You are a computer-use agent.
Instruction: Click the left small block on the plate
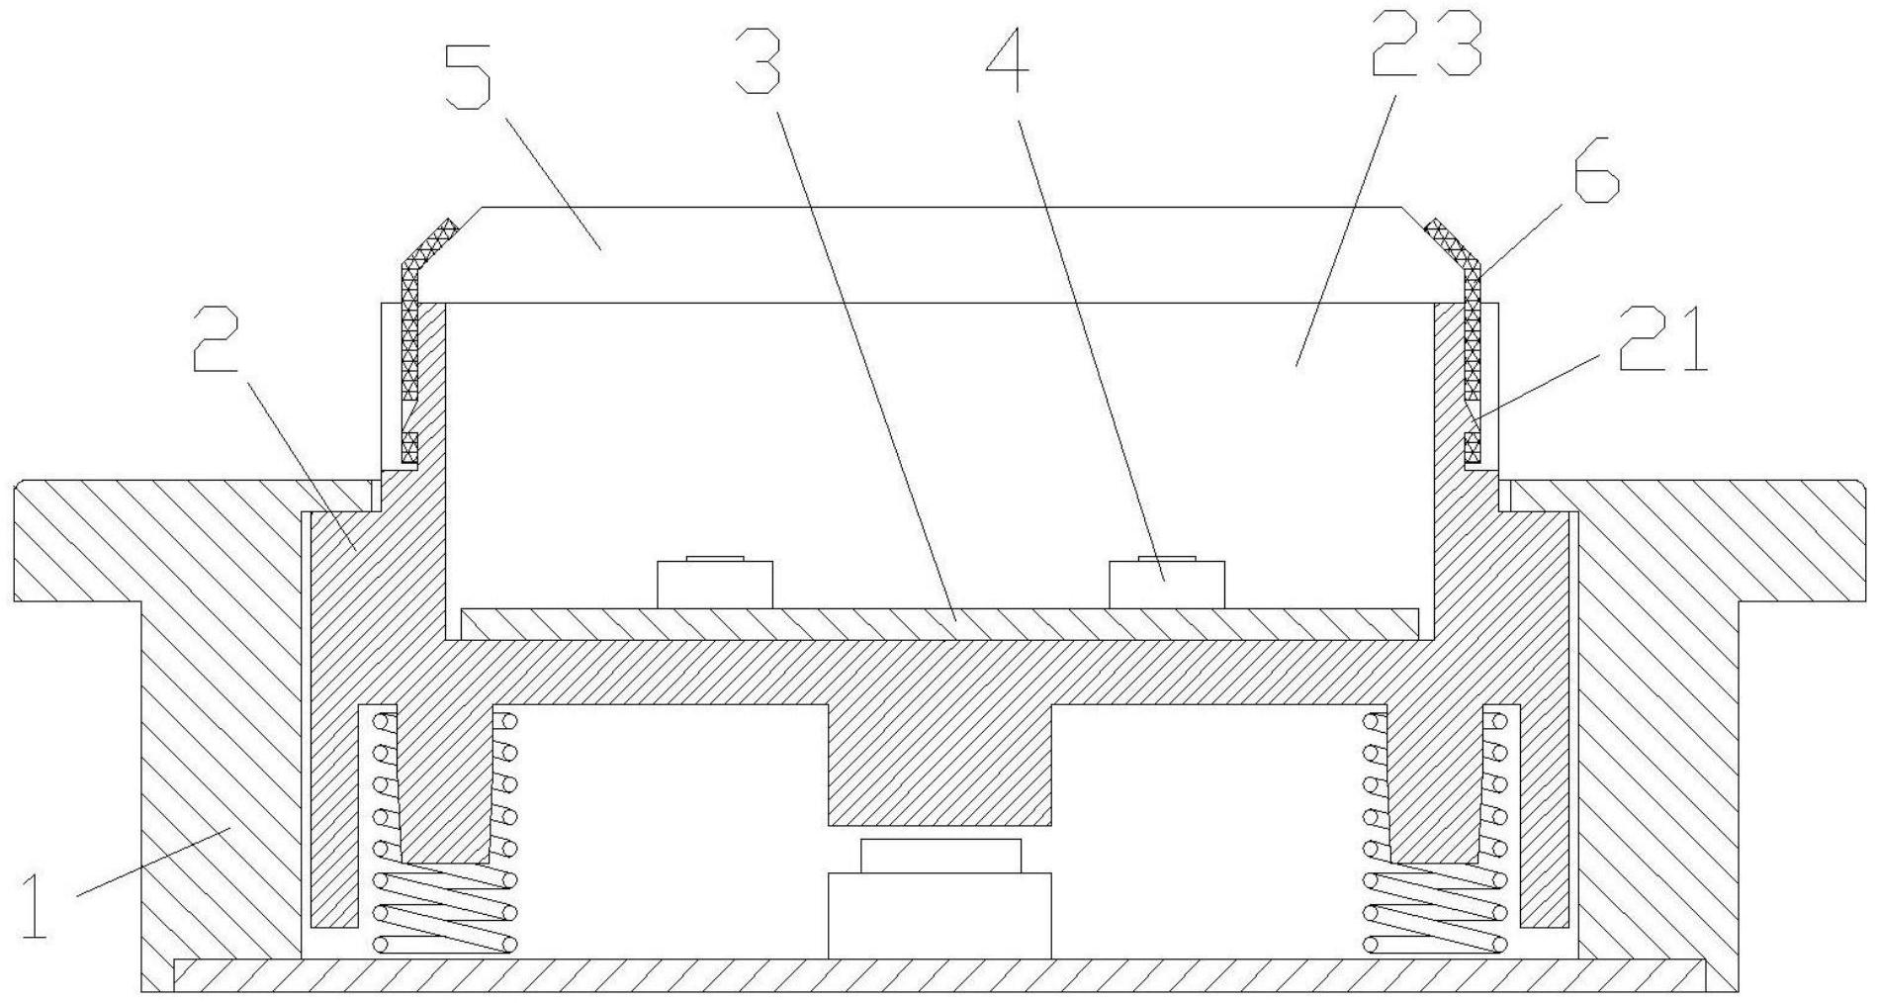(x=715, y=583)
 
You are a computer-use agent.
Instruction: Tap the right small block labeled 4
(x=1167, y=583)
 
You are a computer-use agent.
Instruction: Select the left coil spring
(x=444, y=831)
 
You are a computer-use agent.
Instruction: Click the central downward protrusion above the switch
(x=939, y=764)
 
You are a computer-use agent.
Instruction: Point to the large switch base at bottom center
(x=939, y=915)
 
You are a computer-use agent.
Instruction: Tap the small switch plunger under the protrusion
(x=940, y=856)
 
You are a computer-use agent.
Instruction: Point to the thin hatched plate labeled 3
(x=940, y=624)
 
